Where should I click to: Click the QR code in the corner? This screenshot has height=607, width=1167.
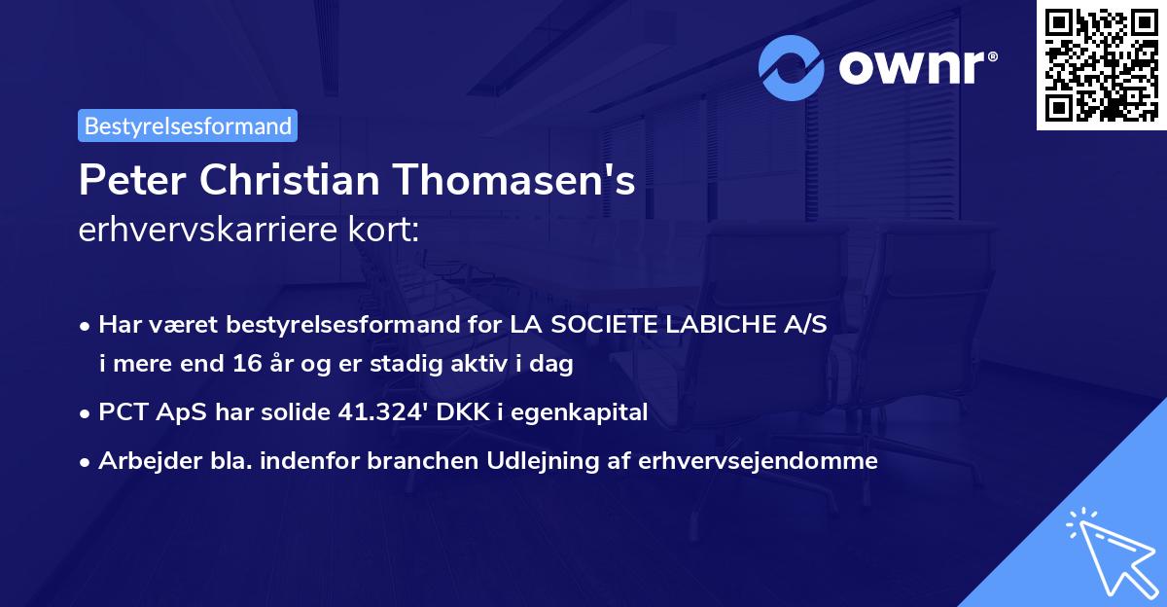tap(1101, 65)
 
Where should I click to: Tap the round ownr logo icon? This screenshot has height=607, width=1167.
tap(793, 68)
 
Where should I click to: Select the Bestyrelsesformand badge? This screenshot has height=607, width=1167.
tap(188, 125)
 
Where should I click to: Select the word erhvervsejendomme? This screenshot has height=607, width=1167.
tap(758, 460)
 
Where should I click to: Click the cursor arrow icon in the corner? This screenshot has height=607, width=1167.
tap(1109, 551)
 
